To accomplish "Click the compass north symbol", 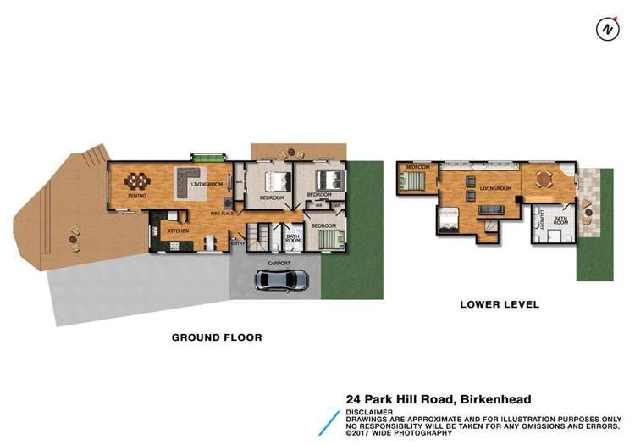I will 607,29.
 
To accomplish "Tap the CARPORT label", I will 279,264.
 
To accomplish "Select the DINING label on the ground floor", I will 137,196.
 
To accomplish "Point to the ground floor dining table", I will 138,181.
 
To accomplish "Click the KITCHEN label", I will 178,231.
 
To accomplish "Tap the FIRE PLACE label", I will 223,214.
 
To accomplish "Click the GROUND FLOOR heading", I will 217,337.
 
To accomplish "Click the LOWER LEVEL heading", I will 499,304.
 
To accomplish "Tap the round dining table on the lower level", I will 543,179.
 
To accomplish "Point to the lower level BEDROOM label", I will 417,167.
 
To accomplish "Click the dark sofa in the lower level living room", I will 490,209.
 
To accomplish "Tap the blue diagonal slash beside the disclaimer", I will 329,422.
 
